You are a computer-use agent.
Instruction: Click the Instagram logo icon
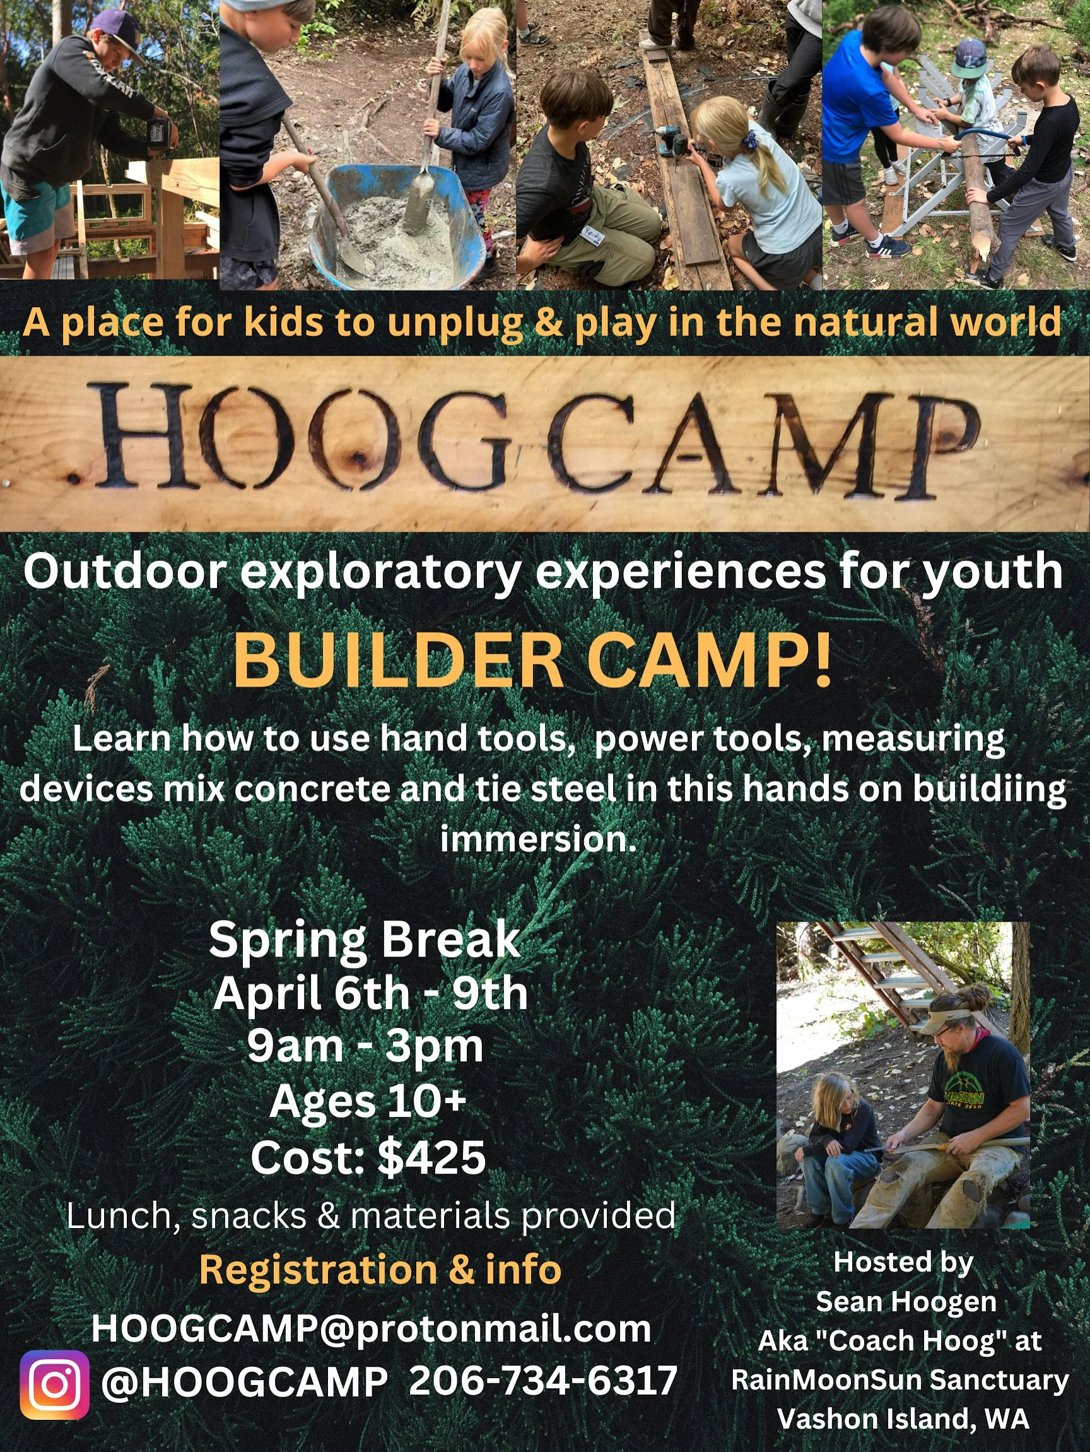(54, 1384)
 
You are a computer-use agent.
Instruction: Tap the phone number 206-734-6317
(542, 1380)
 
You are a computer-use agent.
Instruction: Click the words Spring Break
(365, 940)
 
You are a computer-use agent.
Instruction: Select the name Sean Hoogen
(906, 1302)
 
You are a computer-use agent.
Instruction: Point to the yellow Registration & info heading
(380, 1270)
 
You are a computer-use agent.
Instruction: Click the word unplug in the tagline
(454, 322)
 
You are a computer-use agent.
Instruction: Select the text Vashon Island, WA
(903, 1419)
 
